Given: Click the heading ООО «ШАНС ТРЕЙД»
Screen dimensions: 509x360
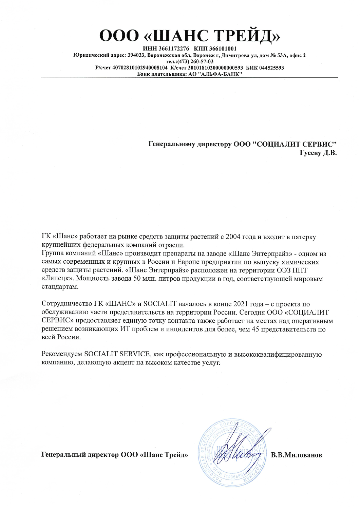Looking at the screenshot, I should (x=190, y=36).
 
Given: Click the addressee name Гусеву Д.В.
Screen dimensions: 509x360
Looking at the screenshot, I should (x=318, y=153).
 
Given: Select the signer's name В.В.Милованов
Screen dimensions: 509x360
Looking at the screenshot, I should (x=297, y=455).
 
